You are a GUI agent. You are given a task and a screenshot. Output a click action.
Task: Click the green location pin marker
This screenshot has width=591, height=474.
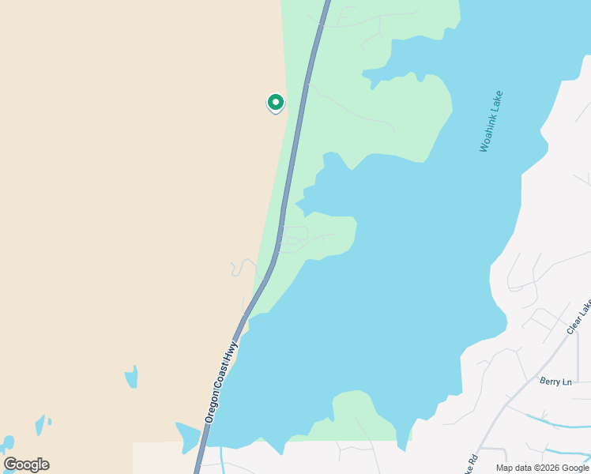(x=275, y=103)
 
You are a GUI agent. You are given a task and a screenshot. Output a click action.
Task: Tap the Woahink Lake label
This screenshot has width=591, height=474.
(x=491, y=121)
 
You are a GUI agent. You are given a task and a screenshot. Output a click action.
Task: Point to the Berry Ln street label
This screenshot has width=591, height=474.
(x=555, y=382)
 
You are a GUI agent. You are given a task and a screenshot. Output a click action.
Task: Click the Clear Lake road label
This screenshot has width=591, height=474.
(x=579, y=317)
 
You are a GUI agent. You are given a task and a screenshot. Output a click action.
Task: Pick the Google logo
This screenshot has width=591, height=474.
(x=26, y=465)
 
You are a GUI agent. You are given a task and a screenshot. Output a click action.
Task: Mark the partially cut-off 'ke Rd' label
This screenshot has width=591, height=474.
(x=472, y=460)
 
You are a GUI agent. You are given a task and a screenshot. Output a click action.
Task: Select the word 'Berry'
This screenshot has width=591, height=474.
(x=550, y=382)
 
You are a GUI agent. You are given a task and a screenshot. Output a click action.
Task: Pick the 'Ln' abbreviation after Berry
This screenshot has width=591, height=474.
(x=567, y=382)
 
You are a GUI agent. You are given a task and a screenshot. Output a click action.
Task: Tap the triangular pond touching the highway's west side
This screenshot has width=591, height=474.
(x=188, y=435)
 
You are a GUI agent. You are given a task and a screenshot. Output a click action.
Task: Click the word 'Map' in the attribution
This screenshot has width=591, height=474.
(x=504, y=468)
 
